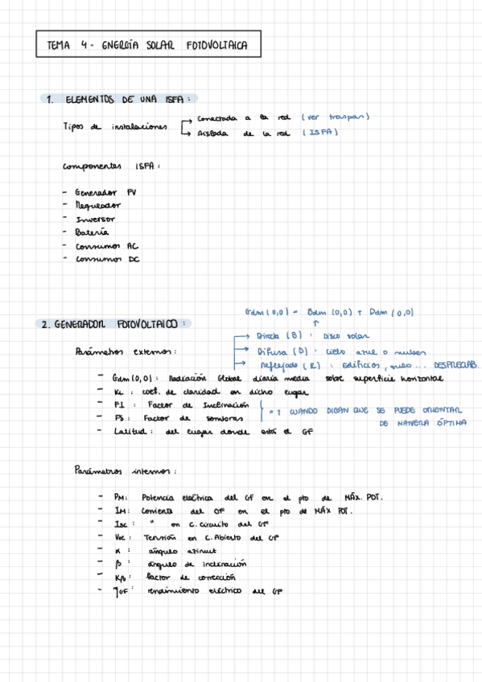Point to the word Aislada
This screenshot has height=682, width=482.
click(x=212, y=134)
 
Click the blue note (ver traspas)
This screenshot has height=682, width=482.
click(x=335, y=117)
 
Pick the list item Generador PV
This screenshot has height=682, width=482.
click(x=105, y=193)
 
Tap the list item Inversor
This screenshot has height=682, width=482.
click(x=96, y=219)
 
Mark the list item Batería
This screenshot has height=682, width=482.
click(x=92, y=232)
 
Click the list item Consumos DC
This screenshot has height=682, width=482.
click(x=107, y=259)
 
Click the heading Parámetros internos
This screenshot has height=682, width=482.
click(x=124, y=470)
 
